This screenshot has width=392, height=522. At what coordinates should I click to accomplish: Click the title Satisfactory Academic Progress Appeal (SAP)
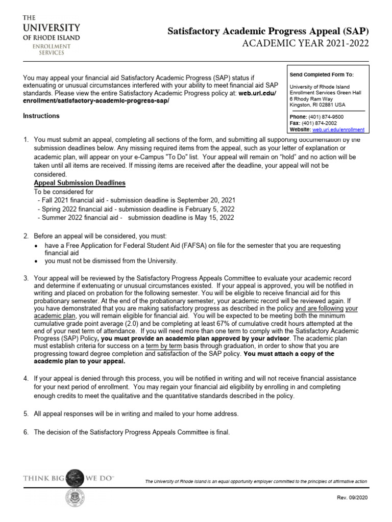click(268, 32)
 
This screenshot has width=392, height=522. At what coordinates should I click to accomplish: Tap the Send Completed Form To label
click(321, 75)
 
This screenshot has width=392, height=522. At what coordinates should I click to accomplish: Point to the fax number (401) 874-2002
click(318, 123)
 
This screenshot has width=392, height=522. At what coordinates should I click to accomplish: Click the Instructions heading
click(41, 116)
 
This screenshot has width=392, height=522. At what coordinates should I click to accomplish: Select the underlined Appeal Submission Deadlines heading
click(79, 183)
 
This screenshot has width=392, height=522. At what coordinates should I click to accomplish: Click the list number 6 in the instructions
click(26, 432)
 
